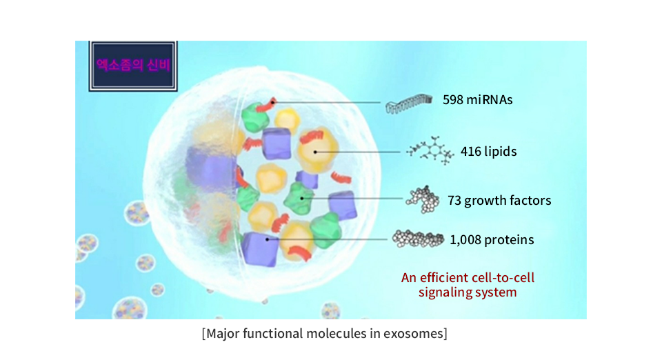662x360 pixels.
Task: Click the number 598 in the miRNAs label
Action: pos(452,99)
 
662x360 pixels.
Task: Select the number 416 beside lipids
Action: pos(470,151)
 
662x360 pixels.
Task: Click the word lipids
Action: pos(501,152)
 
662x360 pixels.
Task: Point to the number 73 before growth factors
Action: pos(454,200)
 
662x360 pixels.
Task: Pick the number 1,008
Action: pos(465,240)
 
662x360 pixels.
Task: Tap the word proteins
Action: pos(509,240)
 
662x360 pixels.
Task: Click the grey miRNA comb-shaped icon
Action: pos(409,104)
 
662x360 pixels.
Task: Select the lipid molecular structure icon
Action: pos(430,150)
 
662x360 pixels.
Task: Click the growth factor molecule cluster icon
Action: pos(423,199)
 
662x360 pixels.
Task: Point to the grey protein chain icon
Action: pos(418,239)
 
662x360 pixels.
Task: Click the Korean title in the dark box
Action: pos(133,65)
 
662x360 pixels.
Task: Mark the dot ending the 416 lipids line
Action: pos(315,152)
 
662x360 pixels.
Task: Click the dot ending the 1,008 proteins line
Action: pos(268,239)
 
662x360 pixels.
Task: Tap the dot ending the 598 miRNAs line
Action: pos(273,101)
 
